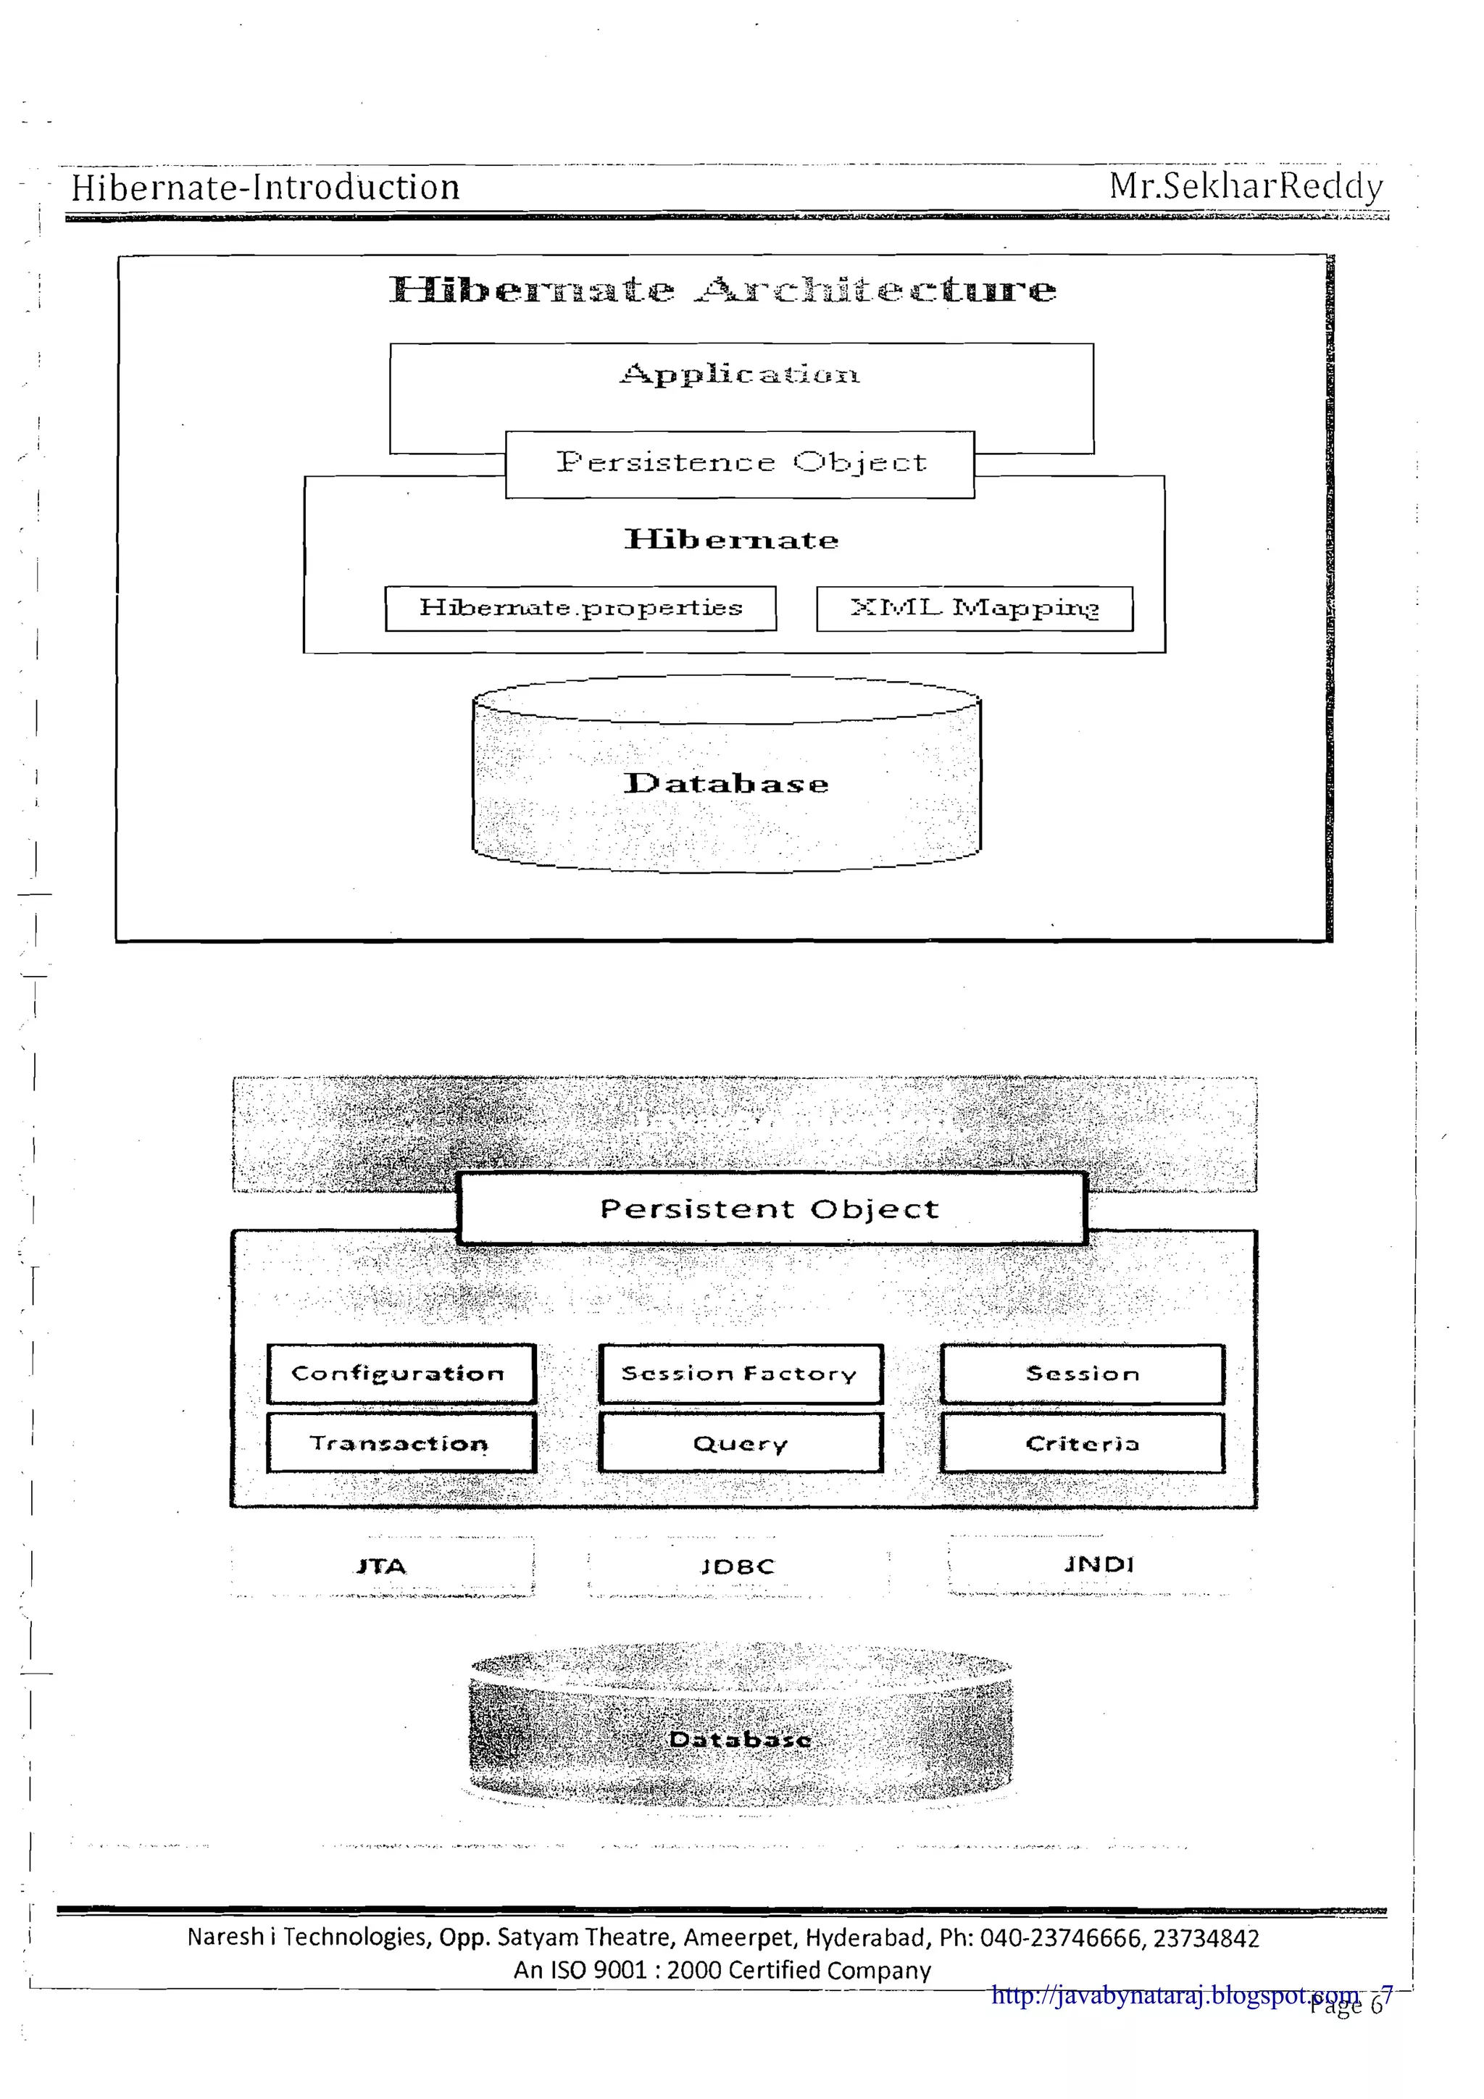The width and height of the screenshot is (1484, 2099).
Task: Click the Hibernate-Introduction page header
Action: pos(265,188)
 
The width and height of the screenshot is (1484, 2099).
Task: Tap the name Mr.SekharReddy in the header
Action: pos(1246,185)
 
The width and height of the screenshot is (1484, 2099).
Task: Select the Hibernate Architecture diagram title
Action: pos(722,290)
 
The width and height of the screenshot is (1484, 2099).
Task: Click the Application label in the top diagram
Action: pos(740,374)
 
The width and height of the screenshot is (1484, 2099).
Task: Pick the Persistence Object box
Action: pos(740,464)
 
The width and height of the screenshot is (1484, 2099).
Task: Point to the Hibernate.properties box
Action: pos(580,609)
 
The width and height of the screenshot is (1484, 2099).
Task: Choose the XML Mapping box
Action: pos(974,609)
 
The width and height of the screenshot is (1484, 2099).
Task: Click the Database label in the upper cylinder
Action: pos(726,783)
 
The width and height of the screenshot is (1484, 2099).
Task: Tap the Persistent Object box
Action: pos(771,1209)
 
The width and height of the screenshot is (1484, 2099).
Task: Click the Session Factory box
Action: pos(741,1373)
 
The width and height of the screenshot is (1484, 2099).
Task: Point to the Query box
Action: pos(741,1443)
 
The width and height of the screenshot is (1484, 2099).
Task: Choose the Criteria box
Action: pos(1082,1443)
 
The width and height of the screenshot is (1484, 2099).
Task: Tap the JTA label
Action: pos(381,1566)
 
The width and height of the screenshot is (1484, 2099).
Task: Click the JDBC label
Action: pos(738,1566)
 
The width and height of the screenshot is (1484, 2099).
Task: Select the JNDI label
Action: pos(1098,1564)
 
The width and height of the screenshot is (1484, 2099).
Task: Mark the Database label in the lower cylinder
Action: pos(740,1739)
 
